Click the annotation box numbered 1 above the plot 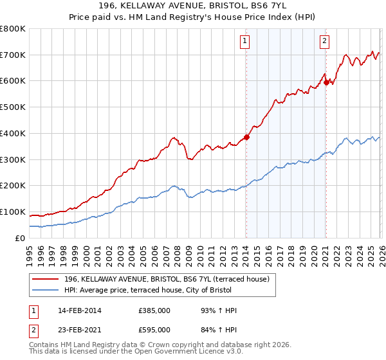(246, 42)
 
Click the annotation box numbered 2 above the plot (325, 42)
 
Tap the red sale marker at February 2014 (246, 137)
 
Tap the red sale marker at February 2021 (326, 82)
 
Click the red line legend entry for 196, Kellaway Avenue (170, 278)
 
